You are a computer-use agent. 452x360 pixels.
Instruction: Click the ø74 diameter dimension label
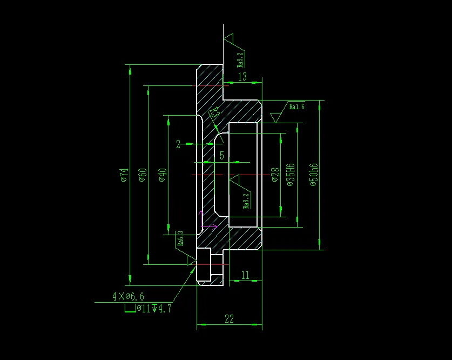[124, 175]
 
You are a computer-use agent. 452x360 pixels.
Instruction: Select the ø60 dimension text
[143, 175]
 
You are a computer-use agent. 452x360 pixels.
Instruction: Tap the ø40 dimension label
[163, 175]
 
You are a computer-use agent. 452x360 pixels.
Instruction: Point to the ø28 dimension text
[275, 175]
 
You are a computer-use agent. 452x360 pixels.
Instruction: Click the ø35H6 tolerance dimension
[291, 175]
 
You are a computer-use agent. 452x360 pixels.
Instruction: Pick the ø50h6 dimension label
[313, 175]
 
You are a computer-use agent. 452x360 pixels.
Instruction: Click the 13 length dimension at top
[242, 77]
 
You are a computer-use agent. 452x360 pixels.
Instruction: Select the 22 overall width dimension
[229, 319]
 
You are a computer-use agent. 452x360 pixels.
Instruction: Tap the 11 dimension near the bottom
[245, 275]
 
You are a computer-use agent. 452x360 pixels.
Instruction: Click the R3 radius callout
[213, 113]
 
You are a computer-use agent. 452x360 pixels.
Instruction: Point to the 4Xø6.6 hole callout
[128, 296]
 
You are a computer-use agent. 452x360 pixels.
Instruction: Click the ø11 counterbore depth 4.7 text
[154, 309]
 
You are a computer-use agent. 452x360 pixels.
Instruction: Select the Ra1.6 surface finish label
[296, 107]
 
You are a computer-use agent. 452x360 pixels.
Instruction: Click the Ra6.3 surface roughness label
[181, 238]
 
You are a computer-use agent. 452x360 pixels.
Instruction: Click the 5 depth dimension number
[221, 156]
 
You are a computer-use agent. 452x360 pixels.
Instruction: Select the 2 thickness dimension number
[178, 144]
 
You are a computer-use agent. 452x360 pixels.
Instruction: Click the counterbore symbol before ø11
[130, 309]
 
